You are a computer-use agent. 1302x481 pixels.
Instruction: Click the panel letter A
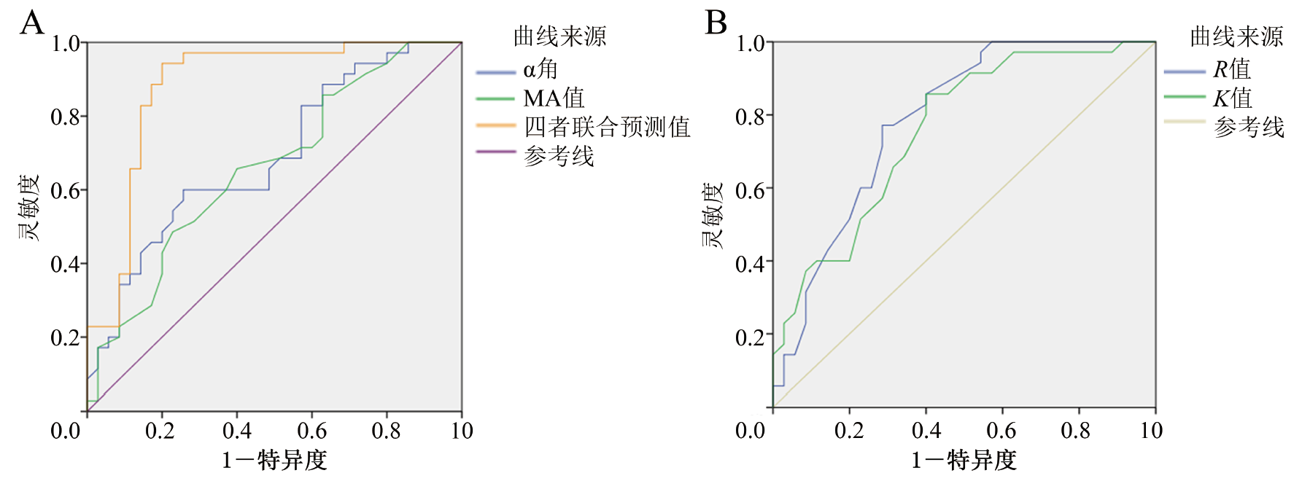coord(31,23)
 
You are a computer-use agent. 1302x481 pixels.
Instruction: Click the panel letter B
coord(716,23)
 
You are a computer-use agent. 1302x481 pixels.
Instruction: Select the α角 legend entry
coord(540,69)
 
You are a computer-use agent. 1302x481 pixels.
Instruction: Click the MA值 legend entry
coord(554,98)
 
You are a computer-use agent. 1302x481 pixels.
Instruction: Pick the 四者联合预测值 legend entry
coord(607,127)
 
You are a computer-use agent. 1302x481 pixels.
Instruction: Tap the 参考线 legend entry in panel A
coord(559,156)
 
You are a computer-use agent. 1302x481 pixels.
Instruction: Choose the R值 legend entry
coord(1232,69)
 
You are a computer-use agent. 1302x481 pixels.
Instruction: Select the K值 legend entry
coord(1232,98)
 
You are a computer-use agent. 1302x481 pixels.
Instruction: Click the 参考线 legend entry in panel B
coord(1249,127)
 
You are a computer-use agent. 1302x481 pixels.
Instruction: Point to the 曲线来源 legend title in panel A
coord(559,36)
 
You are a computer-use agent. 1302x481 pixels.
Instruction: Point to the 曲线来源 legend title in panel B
coord(1236,36)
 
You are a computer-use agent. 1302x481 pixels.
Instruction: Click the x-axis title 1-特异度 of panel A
coord(274,460)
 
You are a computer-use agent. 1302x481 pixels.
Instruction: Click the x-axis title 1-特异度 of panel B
coord(964,460)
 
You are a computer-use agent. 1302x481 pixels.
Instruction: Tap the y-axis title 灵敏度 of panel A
coord(29,208)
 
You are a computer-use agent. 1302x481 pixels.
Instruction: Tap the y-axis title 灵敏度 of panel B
coord(713,216)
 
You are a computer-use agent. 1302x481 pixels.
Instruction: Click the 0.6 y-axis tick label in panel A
coord(65,191)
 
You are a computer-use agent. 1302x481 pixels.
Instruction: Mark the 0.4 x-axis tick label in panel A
coord(237,431)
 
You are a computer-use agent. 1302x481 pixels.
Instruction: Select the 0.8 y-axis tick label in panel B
coord(750,117)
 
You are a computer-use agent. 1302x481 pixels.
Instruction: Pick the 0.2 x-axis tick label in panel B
coord(849,431)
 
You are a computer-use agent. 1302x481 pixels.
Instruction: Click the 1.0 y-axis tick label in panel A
coord(65,44)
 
